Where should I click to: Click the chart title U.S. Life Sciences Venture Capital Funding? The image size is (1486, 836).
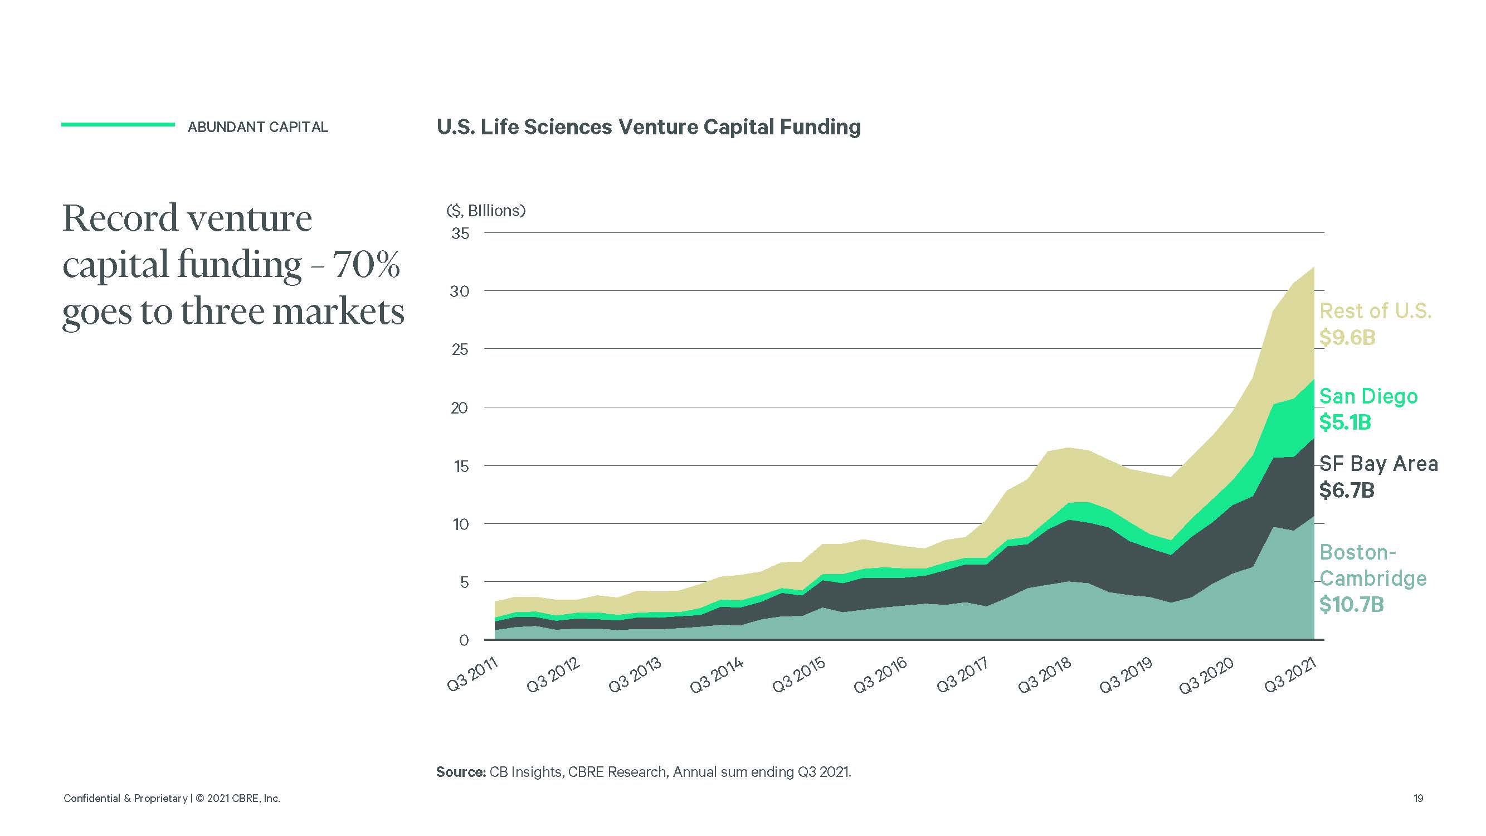(649, 127)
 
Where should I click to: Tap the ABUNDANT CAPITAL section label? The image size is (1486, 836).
(257, 127)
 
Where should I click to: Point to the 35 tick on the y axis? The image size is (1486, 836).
(460, 234)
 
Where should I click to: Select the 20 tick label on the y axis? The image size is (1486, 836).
(460, 409)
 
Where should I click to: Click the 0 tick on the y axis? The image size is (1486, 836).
(464, 640)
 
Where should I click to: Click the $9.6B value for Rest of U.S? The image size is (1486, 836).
(1347, 338)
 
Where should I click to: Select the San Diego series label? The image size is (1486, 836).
(1368, 396)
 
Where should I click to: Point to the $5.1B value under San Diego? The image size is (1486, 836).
(1344, 422)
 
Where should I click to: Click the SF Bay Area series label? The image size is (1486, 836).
(1378, 464)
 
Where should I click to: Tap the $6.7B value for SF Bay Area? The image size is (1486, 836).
(1346, 490)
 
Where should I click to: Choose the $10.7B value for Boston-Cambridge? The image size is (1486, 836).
(1351, 605)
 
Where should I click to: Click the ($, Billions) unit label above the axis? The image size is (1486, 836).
(486, 211)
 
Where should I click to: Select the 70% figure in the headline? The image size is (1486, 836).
(366, 265)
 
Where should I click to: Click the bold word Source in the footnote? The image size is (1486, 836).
(460, 772)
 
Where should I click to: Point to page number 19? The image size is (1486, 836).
(1418, 799)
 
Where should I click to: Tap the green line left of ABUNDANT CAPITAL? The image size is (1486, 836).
(118, 124)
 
